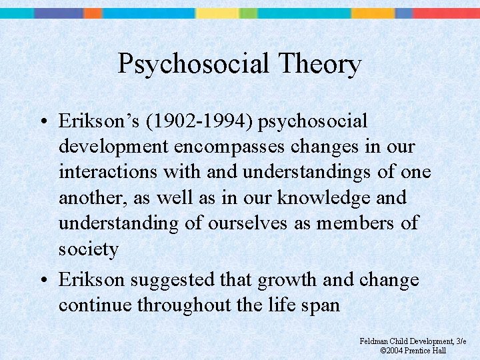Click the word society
[x=89, y=249]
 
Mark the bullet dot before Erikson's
[x=43, y=122]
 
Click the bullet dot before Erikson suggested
[x=43, y=280]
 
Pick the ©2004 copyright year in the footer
[x=393, y=351]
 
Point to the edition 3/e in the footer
[x=461, y=341]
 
